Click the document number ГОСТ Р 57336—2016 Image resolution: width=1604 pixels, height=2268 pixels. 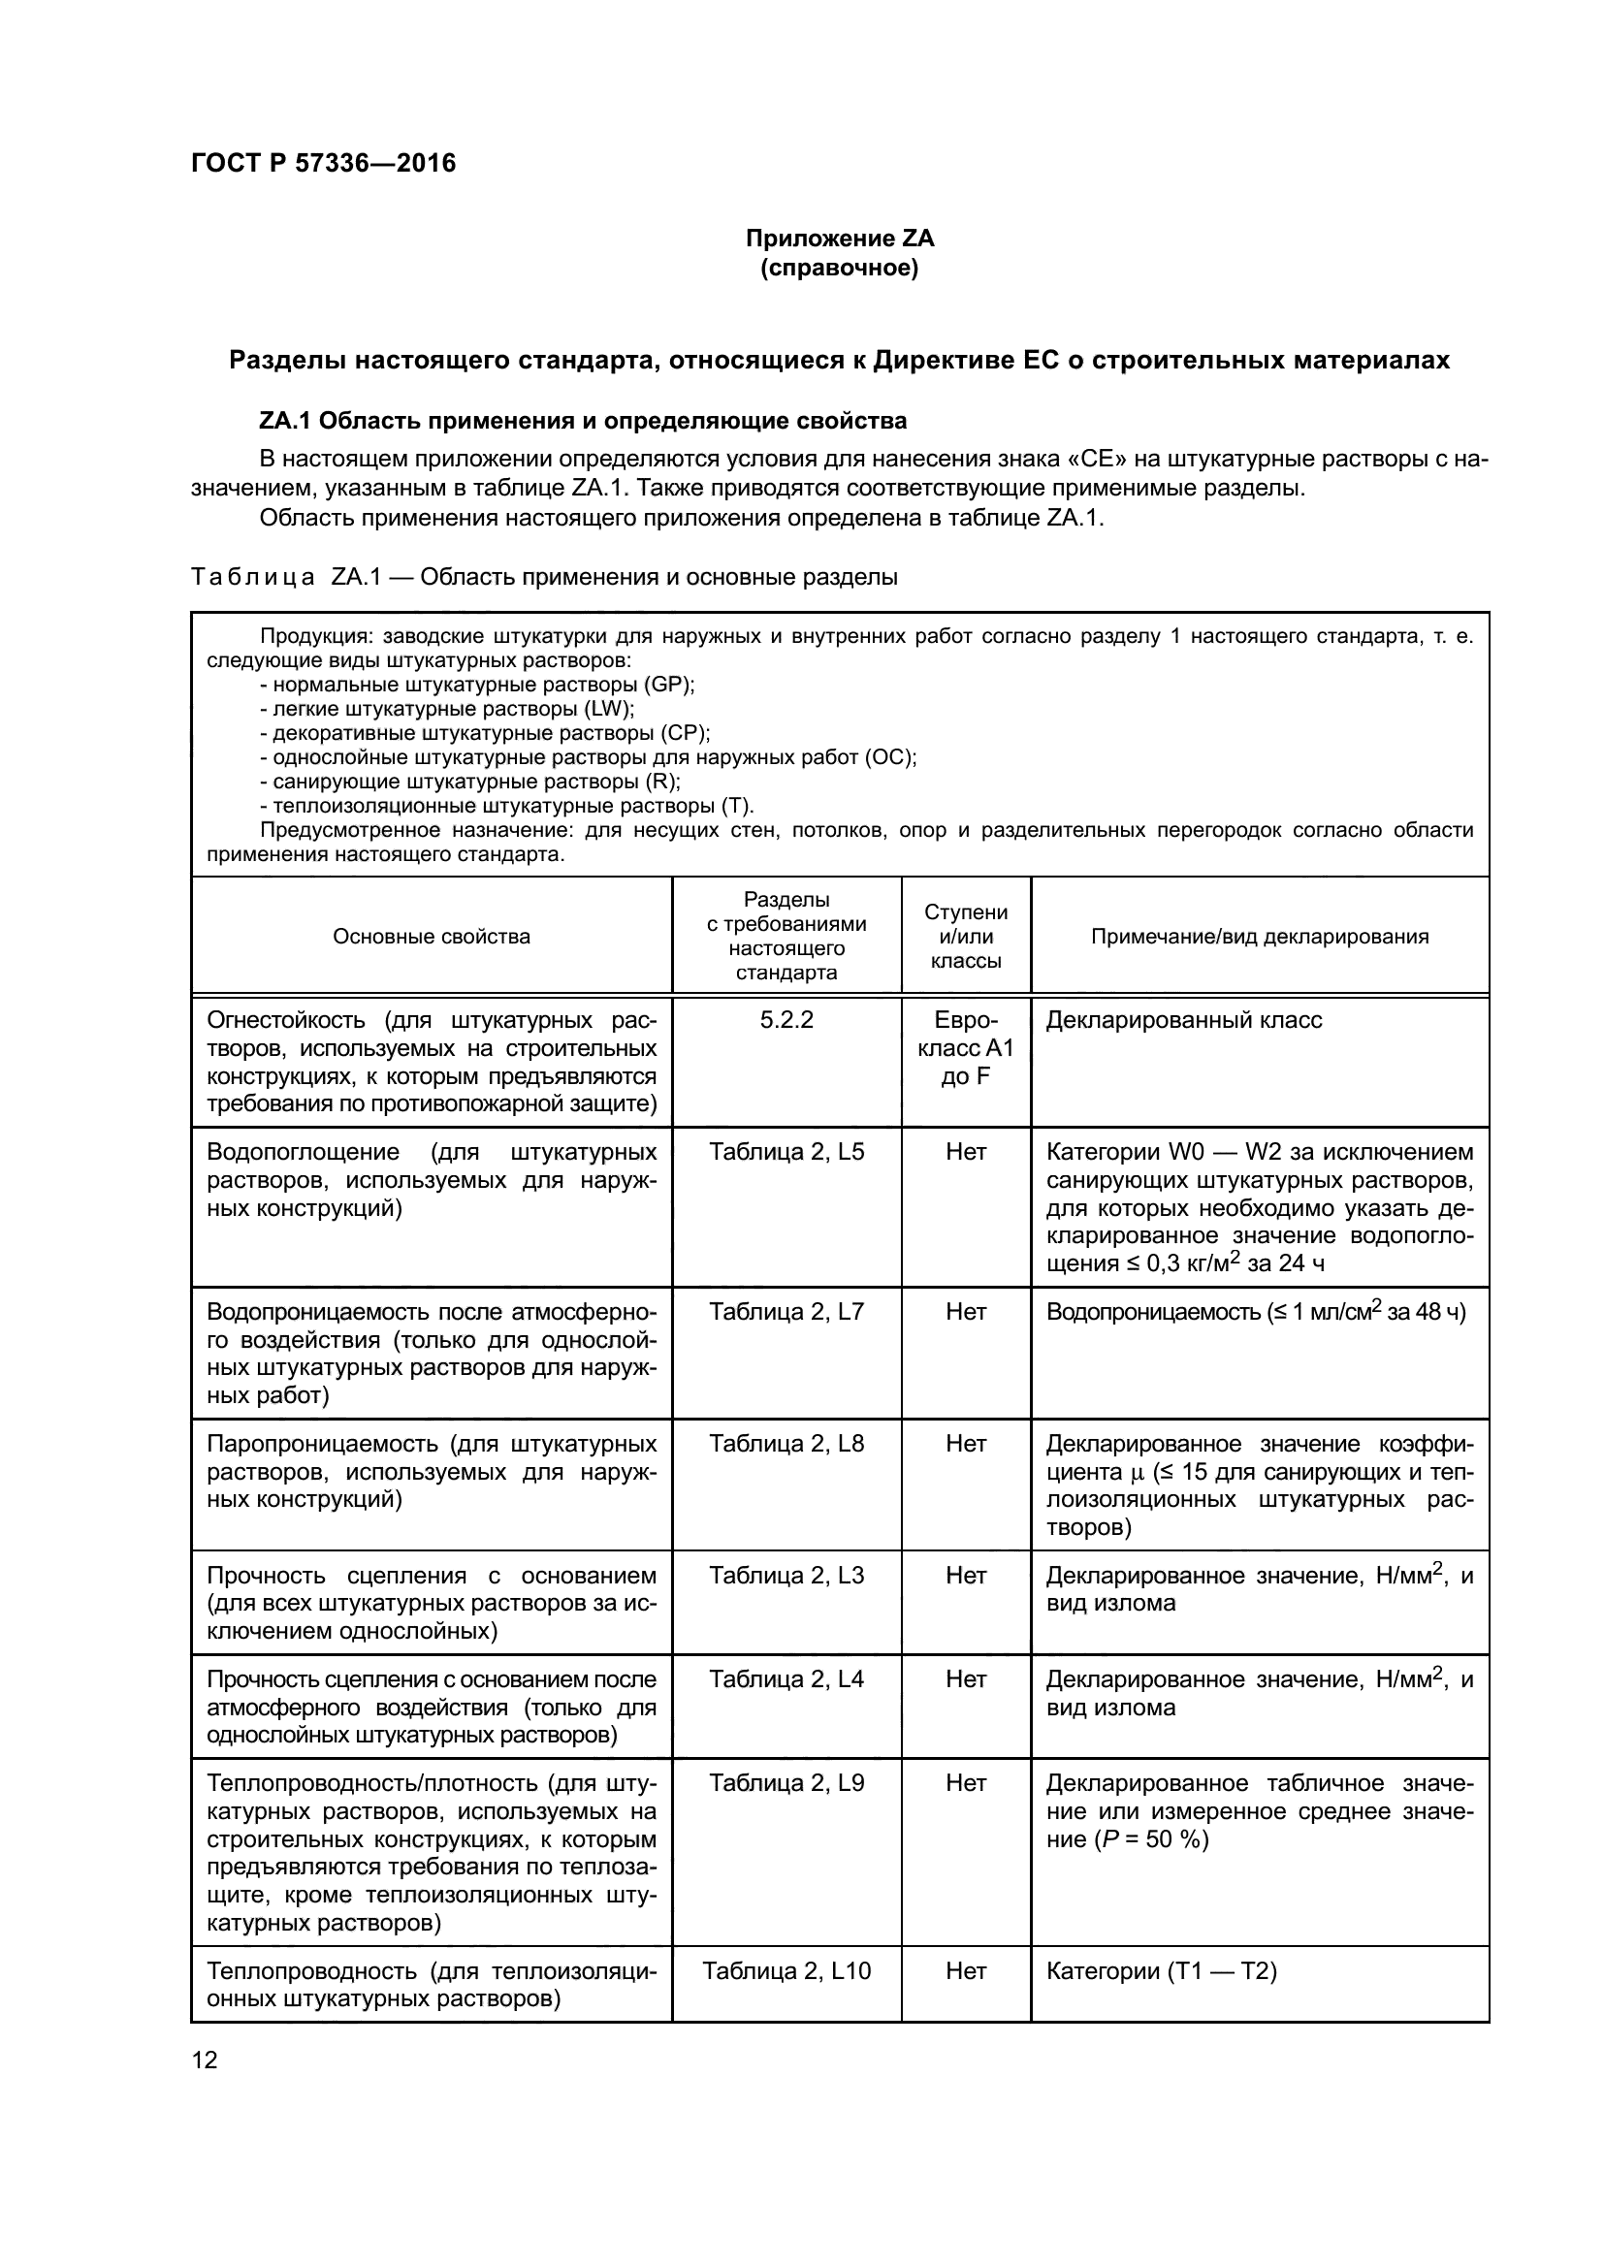323,163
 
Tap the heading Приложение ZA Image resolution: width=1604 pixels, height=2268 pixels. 839,239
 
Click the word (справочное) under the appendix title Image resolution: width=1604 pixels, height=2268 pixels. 839,268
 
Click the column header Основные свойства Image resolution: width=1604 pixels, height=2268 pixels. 431,937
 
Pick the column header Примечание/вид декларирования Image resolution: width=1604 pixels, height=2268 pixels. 1260,937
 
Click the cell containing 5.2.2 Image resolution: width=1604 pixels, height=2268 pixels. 786,1020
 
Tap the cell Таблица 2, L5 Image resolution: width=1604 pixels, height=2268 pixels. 786,1152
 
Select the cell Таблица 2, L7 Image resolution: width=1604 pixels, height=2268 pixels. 786,1312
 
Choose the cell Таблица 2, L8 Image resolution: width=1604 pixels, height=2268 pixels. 786,1444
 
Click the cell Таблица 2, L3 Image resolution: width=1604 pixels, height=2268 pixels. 786,1576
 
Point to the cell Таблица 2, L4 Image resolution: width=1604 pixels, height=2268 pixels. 786,1679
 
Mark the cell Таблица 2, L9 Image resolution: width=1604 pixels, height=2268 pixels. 786,1783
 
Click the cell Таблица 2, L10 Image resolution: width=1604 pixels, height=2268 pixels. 786,1971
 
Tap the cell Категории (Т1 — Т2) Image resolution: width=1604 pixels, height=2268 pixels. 1161,1971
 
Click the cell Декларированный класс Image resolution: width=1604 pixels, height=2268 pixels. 1183,1020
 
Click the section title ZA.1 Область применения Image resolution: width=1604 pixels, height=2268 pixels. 583,421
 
